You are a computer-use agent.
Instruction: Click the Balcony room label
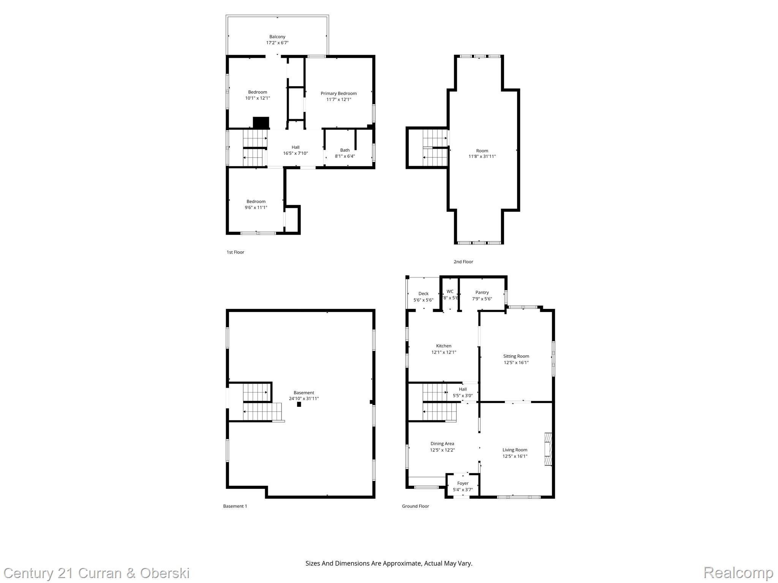tap(277, 37)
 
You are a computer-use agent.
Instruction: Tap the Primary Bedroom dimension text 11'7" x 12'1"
tap(338, 99)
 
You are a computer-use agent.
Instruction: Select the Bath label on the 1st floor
tap(345, 150)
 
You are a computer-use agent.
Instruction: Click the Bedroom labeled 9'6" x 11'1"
tap(256, 204)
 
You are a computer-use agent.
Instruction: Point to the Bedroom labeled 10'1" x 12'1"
tap(258, 95)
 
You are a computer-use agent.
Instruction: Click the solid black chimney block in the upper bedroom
tap(261, 123)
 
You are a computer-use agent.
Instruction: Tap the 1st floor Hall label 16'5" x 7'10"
tap(296, 150)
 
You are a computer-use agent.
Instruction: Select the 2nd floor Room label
tap(482, 151)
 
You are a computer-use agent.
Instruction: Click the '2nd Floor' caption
tap(463, 262)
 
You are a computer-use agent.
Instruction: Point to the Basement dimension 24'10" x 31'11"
tap(304, 399)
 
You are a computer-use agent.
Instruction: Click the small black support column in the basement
tap(299, 405)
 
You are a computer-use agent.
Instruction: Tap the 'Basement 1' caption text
tap(235, 506)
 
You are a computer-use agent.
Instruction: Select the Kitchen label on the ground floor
tap(444, 346)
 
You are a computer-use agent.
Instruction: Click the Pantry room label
tap(482, 292)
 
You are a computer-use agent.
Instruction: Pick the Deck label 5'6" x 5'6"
tap(423, 297)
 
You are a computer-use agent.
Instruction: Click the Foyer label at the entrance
tap(463, 483)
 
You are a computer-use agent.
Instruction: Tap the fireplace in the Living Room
tap(548, 449)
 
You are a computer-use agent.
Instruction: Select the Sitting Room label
tap(516, 356)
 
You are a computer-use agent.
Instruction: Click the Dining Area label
tap(442, 443)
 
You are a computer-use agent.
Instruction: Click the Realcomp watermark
tap(738, 572)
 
